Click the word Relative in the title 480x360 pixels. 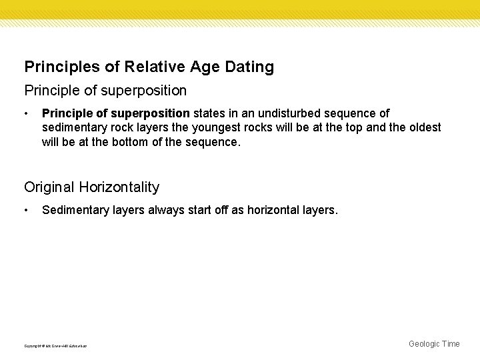[x=147, y=67]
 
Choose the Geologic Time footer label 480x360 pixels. [x=434, y=344]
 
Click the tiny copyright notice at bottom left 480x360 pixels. [x=55, y=345]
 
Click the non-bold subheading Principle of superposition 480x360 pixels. [x=105, y=89]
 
